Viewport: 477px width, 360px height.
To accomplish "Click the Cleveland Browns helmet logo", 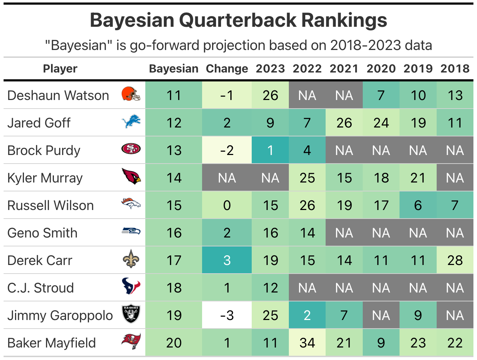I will pyautogui.click(x=131, y=94).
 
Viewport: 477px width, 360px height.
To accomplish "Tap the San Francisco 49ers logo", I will pyautogui.click(x=131, y=149).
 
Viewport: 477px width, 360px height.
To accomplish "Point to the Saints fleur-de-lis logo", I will pyautogui.click(x=131, y=259).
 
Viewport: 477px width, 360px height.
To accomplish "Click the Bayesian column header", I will pyautogui.click(x=174, y=69).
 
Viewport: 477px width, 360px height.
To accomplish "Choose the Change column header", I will pyautogui.click(x=227, y=69).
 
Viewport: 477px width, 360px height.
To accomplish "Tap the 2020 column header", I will pyautogui.click(x=381, y=69).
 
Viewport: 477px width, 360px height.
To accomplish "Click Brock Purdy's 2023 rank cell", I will pyautogui.click(x=270, y=150).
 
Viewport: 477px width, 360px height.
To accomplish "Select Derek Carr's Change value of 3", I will pyautogui.click(x=227, y=260).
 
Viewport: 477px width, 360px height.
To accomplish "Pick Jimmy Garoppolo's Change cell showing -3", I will pyautogui.click(x=227, y=315).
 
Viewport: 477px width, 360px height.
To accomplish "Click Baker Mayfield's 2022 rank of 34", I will pyautogui.click(x=307, y=343).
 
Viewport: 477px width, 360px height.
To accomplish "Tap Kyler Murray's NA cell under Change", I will pyautogui.click(x=227, y=178).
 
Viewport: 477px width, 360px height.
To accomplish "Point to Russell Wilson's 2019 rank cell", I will pyautogui.click(x=418, y=205).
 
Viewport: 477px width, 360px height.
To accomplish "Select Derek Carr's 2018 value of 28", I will pyautogui.click(x=455, y=260).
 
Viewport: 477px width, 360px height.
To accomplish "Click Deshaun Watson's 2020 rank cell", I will pyautogui.click(x=381, y=95).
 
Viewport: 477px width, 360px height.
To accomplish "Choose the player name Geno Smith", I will pyautogui.click(x=42, y=233).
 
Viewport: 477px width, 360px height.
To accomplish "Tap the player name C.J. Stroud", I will pyautogui.click(x=40, y=288).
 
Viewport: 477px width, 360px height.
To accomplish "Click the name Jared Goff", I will pyautogui.click(x=39, y=123).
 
